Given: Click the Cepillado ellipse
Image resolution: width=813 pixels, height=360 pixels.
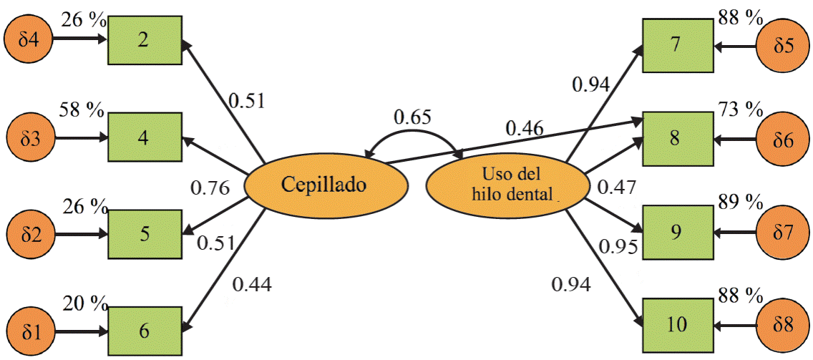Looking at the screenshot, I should (x=326, y=186).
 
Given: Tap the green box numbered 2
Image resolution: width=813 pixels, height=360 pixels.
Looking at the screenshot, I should (x=144, y=40).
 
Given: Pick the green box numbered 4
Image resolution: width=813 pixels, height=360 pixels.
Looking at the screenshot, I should (x=144, y=137).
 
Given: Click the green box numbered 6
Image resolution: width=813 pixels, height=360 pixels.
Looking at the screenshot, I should (x=144, y=331).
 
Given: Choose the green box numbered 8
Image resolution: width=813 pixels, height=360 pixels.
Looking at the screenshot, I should (x=676, y=138).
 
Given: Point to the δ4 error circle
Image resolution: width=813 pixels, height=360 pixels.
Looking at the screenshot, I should (x=29, y=40).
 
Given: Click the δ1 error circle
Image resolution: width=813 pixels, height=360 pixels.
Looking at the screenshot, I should (x=29, y=331).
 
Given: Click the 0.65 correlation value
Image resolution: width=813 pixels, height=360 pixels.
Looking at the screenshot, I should (x=412, y=117).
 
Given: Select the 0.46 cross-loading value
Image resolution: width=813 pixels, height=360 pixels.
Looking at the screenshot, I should (x=524, y=130).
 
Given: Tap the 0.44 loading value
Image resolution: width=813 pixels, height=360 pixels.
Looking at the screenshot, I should (x=251, y=284).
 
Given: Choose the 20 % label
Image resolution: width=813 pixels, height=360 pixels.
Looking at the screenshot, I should (x=83, y=303).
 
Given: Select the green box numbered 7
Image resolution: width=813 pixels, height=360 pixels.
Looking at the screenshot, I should (x=676, y=45).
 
